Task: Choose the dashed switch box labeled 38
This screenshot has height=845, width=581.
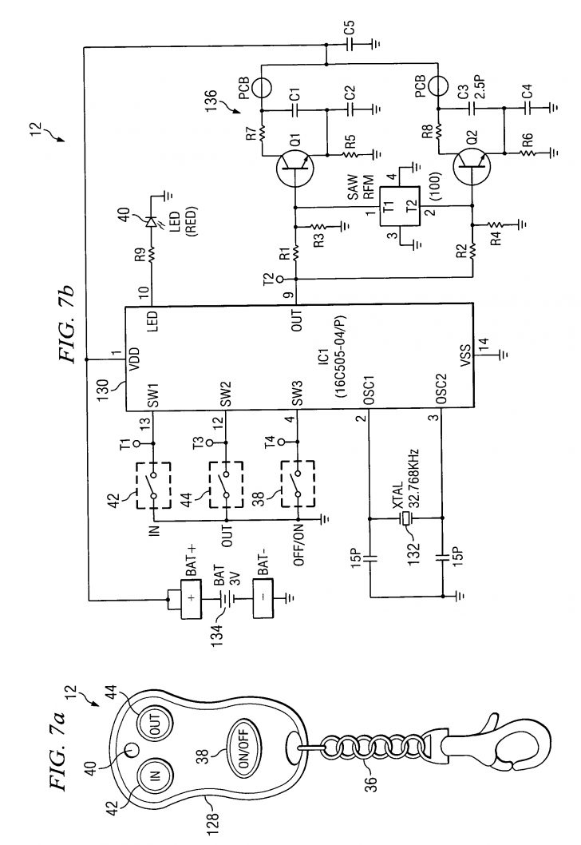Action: click(x=296, y=484)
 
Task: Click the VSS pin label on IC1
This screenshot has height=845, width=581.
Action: click(x=464, y=355)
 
